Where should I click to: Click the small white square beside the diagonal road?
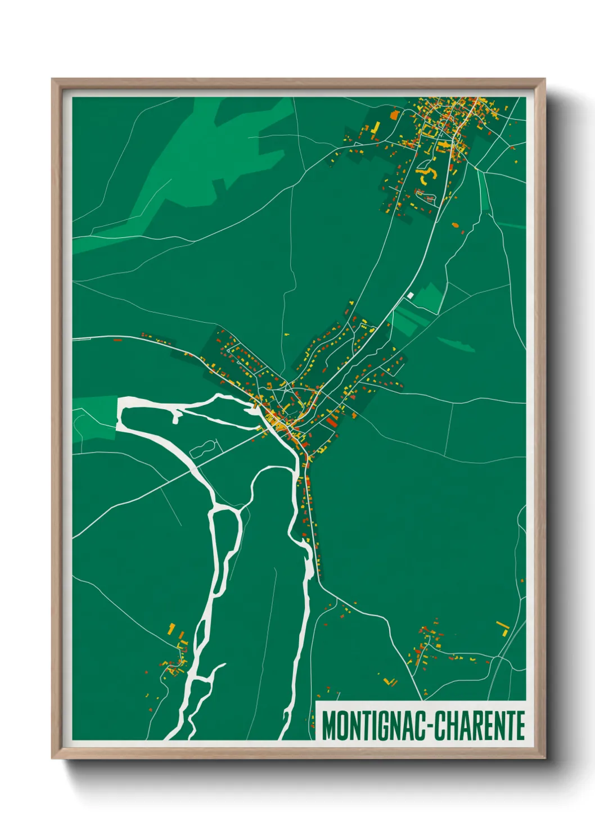(x=411, y=295)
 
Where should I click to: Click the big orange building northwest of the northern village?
(x=393, y=114)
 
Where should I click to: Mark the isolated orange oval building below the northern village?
(x=456, y=225)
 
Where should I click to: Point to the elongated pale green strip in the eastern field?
(x=456, y=343)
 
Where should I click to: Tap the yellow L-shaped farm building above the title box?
(x=389, y=682)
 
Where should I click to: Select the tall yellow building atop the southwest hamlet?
(x=172, y=628)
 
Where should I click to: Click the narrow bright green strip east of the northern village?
(x=483, y=191)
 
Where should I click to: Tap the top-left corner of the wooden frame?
(x=53, y=80)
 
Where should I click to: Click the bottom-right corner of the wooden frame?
(x=544, y=758)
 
